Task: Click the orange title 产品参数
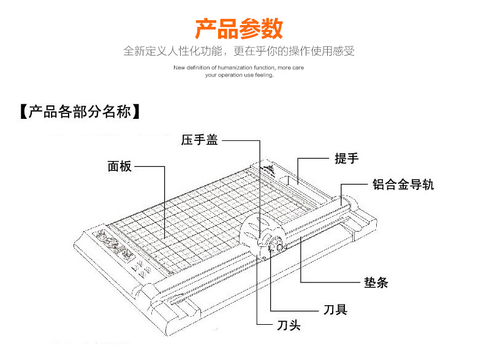tap(239, 28)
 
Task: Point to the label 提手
tap(346, 158)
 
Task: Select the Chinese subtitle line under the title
tap(239, 51)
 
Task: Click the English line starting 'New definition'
tap(239, 67)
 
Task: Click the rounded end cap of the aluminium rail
tap(345, 201)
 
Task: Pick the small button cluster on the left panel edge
tap(140, 268)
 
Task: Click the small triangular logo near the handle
tap(268, 167)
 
